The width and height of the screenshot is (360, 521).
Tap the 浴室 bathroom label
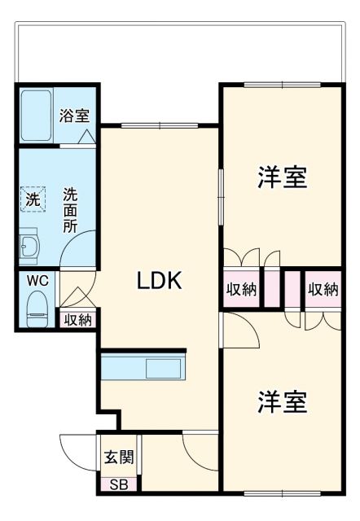click(74, 116)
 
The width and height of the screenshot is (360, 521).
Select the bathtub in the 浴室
click(37, 115)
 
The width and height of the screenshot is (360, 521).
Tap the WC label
click(37, 281)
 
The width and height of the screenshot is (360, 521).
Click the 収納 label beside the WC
click(78, 320)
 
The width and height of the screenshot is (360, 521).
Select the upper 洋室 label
click(283, 177)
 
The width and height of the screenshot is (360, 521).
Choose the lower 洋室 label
click(283, 401)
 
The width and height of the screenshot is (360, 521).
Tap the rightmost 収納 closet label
click(323, 289)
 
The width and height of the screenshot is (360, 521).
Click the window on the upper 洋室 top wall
click(282, 85)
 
